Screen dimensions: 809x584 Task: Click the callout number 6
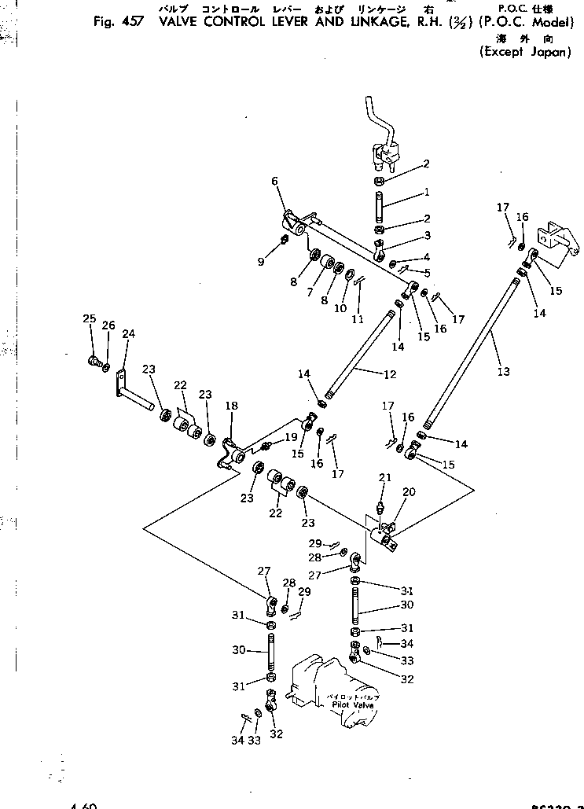tap(275, 181)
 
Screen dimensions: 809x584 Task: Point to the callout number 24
tap(128, 333)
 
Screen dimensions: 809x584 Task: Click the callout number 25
tap(90, 318)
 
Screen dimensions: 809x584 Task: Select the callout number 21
tap(384, 478)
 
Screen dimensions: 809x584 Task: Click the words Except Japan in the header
tap(524, 53)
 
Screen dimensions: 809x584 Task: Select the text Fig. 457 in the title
tap(118, 22)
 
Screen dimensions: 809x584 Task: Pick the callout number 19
tap(292, 437)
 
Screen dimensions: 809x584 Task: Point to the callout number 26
tap(108, 325)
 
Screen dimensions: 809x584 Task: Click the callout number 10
tap(340, 308)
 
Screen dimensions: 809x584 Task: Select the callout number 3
tap(427, 235)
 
